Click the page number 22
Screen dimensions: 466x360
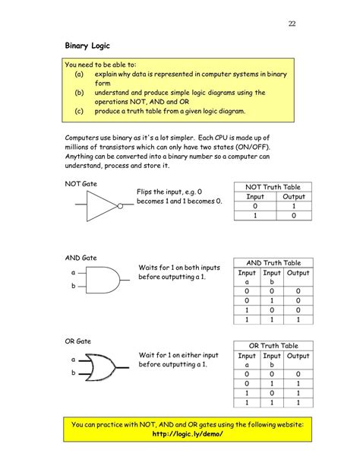tap(291, 24)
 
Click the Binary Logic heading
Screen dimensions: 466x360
tap(89, 46)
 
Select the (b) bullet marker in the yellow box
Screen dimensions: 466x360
tap(79, 93)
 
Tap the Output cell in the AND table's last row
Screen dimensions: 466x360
tap(298, 319)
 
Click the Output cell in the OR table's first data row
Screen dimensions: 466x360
tap(298, 374)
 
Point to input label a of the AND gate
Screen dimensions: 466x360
tap(74, 271)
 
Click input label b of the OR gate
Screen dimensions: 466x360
tap(74, 372)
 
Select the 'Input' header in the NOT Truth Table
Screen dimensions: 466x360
tap(255, 196)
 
